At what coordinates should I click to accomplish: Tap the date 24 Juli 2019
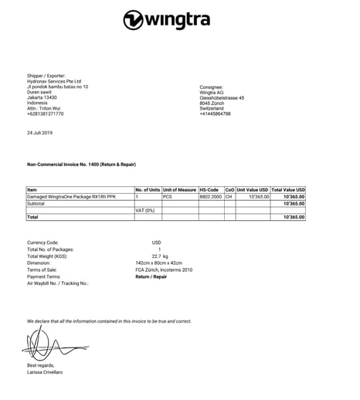39,133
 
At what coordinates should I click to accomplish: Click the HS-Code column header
210,190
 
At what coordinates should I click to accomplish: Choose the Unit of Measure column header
179,190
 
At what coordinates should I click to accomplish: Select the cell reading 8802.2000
211,197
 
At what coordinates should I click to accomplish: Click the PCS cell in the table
167,197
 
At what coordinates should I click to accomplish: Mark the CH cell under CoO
229,197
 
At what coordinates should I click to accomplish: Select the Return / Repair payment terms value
152,276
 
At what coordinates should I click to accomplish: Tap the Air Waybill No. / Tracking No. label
57,283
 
